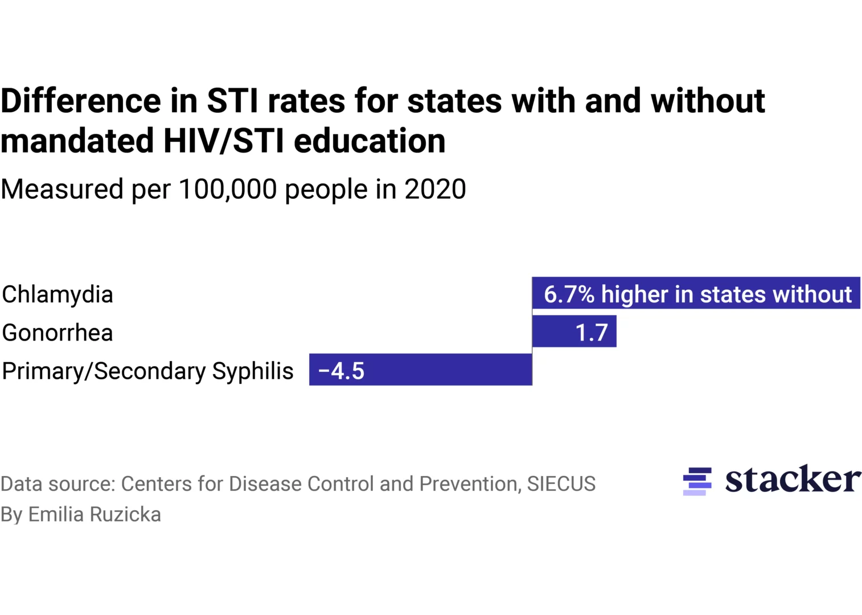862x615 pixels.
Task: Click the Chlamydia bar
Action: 696,293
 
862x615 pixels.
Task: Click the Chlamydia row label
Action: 58,295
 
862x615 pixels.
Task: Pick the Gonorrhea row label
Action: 58,333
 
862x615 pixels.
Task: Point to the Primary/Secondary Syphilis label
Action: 147,371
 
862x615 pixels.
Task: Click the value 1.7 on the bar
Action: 592,333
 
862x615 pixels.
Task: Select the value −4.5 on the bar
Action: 341,371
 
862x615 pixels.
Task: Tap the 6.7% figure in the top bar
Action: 569,294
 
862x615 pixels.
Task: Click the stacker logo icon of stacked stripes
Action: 697,481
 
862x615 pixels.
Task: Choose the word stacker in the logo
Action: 793,479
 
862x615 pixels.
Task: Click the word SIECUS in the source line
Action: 561,484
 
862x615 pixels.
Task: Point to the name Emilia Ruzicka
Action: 95,515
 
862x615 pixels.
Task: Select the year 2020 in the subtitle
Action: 435,189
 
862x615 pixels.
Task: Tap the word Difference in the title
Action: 81,101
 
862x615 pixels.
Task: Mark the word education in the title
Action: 370,141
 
